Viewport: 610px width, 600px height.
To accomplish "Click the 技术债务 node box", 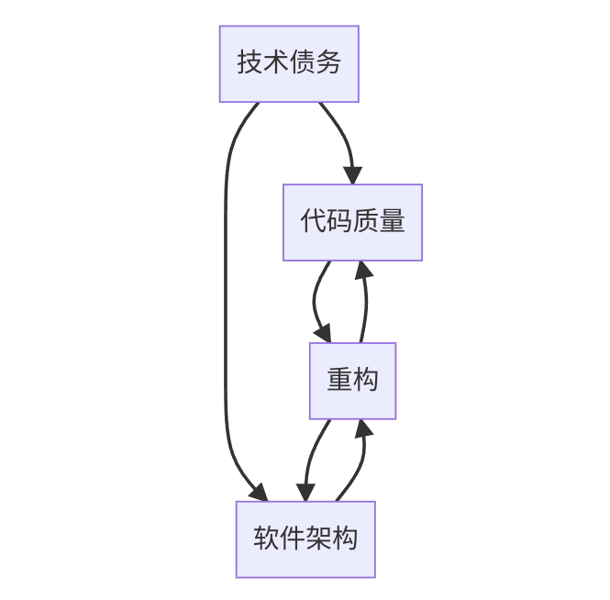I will click(288, 63).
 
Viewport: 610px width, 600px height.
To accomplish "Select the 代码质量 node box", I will click(352, 222).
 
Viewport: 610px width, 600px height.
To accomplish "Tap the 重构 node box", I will click(352, 381).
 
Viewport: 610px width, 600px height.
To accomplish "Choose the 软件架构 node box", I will click(305, 539).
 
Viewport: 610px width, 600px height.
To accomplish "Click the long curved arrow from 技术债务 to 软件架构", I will click(226, 303).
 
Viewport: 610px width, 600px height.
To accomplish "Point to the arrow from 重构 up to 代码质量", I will click(366, 303).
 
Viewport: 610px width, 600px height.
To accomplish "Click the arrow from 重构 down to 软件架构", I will click(312, 459).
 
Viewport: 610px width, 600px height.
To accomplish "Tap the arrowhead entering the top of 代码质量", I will click(353, 175).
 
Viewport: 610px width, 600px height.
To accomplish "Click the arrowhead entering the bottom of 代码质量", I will click(363, 270).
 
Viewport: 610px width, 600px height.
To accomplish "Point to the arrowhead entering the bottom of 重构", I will click(363, 428).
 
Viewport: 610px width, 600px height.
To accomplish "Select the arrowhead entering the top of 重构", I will click(323, 334).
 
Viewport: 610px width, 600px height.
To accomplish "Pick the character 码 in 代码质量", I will click(339, 222).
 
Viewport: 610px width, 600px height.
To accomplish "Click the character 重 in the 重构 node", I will click(339, 381).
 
